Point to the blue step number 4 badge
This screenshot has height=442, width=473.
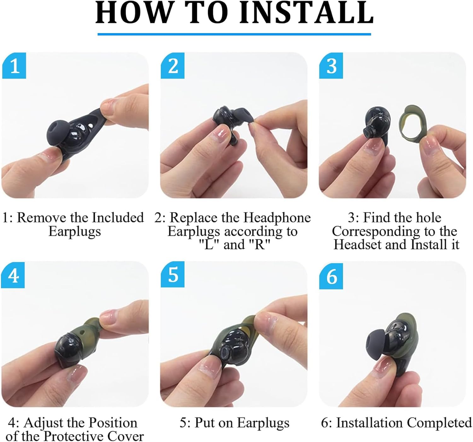(x=13, y=276)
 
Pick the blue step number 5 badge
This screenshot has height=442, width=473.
(x=173, y=275)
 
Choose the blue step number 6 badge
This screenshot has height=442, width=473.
(x=331, y=277)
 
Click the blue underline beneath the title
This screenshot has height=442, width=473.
(x=234, y=34)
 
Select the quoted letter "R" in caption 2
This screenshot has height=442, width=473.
(x=260, y=245)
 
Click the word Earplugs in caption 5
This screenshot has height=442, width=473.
(x=263, y=423)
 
